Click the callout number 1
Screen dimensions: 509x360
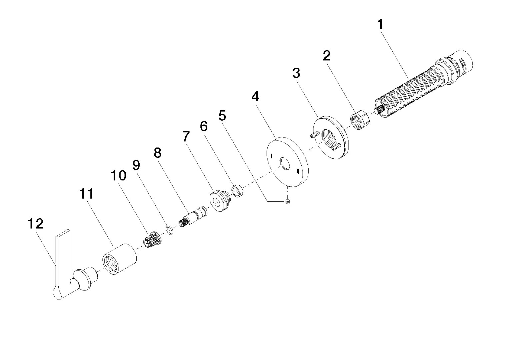380,24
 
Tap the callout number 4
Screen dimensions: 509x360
255,96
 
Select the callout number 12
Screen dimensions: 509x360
35,224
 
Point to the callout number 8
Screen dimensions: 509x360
157,153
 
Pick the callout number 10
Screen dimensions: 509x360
118,176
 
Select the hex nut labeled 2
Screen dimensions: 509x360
360,119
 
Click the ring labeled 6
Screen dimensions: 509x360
237,191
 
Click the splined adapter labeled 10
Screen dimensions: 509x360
152,239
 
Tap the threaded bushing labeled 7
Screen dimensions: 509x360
220,201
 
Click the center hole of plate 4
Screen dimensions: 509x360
285,164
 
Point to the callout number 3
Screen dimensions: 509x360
296,73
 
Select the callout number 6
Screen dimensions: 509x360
204,126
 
